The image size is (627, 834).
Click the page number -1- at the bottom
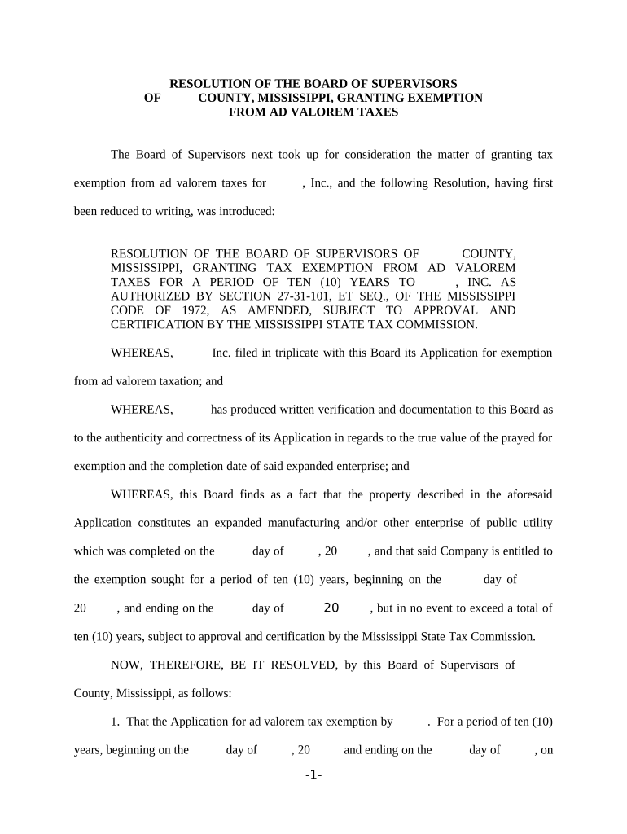313,776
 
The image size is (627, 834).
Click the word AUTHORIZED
152,296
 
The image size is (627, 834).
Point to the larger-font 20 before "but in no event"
331,608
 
